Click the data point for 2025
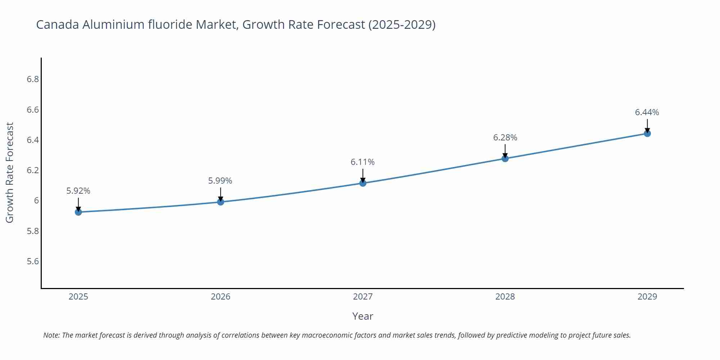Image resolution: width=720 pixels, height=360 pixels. tap(78, 212)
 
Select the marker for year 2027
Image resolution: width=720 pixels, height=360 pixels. tap(363, 183)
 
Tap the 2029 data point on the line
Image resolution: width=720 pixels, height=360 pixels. tap(647, 134)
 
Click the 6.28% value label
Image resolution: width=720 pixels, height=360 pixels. tap(505, 138)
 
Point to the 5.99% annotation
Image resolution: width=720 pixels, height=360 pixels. tap(220, 181)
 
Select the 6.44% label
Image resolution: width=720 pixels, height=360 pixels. tap(647, 112)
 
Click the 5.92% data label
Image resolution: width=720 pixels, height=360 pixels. tap(78, 191)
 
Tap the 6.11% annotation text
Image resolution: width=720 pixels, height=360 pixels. tap(363, 162)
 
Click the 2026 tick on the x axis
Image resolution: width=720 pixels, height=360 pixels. tap(220, 297)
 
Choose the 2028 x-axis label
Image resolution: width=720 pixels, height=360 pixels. tap(505, 297)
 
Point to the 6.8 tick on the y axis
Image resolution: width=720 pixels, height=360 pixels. tap(33, 79)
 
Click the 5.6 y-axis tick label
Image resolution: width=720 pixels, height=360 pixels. tap(33, 261)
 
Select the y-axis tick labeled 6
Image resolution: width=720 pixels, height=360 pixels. tap(36, 201)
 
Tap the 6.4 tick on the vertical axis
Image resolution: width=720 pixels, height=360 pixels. tap(33, 140)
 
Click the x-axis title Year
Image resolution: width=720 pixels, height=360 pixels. tap(363, 316)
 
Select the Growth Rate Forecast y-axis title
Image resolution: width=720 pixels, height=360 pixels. tap(10, 172)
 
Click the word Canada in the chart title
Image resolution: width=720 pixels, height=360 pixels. tap(58, 24)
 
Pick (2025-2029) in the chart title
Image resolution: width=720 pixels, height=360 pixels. tap(402, 24)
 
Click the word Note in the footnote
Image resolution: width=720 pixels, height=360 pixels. tap(51, 335)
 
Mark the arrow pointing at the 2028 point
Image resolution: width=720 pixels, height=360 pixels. tap(505, 151)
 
